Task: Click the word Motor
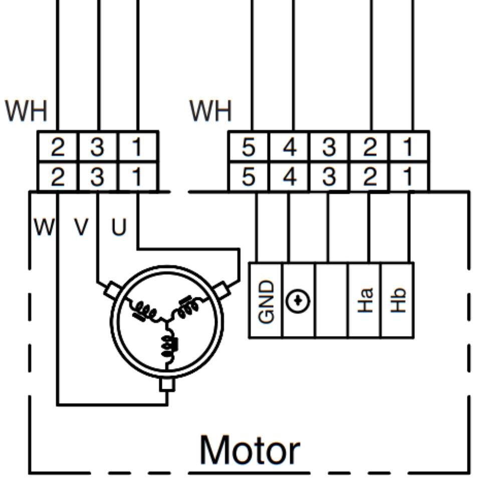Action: click(x=250, y=450)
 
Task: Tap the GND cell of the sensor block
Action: click(x=266, y=300)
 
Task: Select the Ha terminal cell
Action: click(x=365, y=300)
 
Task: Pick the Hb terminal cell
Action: click(x=397, y=300)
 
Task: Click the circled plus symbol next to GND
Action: click(x=298, y=301)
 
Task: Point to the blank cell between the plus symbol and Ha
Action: click(x=331, y=300)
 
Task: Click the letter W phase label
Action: click(x=44, y=228)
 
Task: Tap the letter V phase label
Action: click(x=81, y=228)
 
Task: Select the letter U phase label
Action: click(x=118, y=228)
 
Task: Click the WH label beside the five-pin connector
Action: click(x=210, y=111)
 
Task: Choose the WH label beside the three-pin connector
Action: click(x=26, y=111)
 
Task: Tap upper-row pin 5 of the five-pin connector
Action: click(x=249, y=147)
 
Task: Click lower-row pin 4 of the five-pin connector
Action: click(x=290, y=177)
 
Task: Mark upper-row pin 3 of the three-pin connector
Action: click(x=98, y=147)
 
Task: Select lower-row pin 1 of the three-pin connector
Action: click(x=137, y=177)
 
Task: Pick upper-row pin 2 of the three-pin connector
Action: click(x=58, y=147)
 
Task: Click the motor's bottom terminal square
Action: click(x=167, y=385)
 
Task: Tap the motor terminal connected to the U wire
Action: click(x=221, y=290)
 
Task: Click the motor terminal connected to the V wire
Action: click(x=113, y=290)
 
